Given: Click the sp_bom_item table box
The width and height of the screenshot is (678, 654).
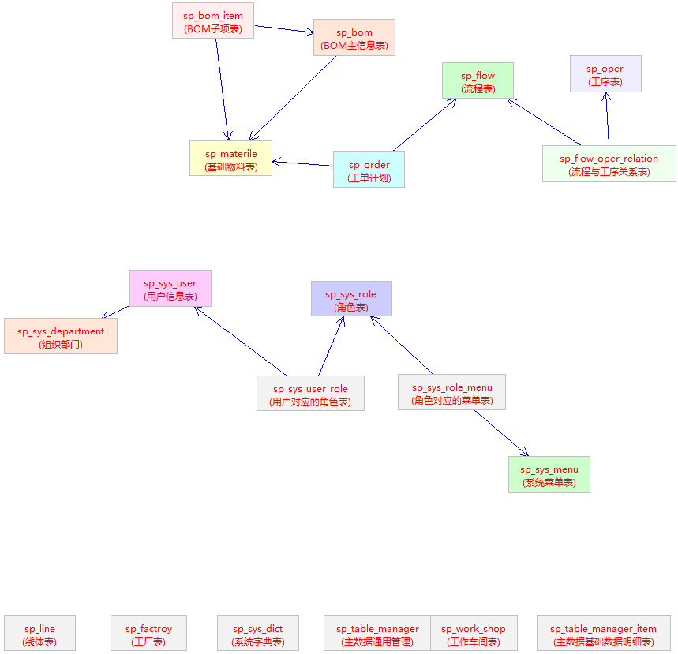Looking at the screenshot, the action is click(213, 21).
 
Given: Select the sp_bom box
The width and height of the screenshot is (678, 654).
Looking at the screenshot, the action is click(354, 37).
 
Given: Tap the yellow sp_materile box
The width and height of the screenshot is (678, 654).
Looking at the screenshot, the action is click(231, 159).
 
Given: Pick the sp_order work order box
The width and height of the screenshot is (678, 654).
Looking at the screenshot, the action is click(369, 170).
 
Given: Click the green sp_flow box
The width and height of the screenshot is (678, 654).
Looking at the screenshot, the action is click(478, 80).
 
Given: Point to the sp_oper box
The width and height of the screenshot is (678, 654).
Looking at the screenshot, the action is click(605, 73).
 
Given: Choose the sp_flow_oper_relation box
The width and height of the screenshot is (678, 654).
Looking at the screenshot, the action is click(609, 163).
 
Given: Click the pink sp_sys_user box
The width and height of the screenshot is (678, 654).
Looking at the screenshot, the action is click(170, 288).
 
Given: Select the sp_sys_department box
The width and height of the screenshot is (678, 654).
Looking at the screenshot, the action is click(61, 336).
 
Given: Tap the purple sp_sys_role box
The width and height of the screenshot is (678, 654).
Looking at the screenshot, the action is click(351, 299).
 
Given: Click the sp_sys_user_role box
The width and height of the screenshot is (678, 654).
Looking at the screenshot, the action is click(310, 393).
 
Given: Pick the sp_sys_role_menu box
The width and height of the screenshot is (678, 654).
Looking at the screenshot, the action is click(451, 392).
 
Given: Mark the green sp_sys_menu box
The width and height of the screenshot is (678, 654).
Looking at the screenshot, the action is click(549, 474).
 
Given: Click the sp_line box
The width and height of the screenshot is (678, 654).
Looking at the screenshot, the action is click(39, 633).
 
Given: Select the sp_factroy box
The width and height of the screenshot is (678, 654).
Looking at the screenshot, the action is click(148, 633).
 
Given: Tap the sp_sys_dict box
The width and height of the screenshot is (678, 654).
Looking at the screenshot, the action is click(258, 633).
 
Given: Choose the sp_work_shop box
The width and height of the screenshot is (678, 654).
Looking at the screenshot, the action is click(474, 633).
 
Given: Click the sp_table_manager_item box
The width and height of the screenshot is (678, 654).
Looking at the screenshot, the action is click(604, 633).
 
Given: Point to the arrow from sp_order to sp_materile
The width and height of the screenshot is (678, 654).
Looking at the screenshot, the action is click(302, 163).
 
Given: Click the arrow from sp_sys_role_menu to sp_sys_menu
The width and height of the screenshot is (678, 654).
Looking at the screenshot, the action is click(501, 433).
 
